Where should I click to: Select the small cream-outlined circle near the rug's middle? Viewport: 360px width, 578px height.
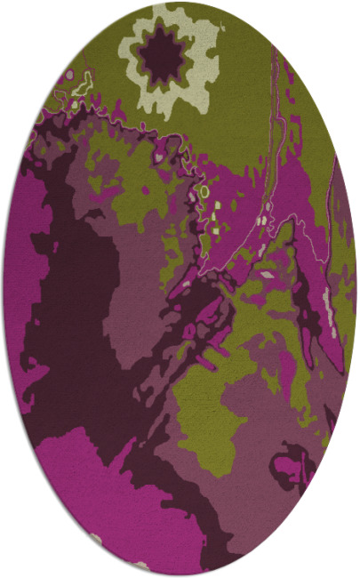(204, 190)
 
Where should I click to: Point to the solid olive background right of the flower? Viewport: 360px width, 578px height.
(240, 98)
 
